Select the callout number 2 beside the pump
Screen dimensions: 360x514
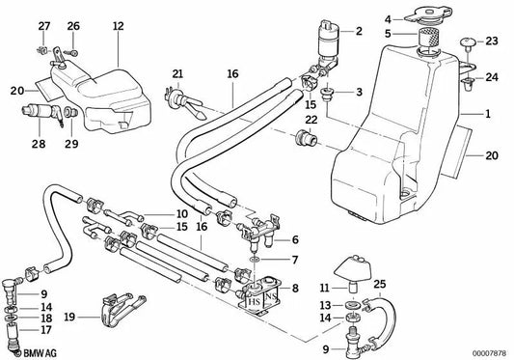(x=359, y=31)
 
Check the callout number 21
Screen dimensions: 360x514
(x=176, y=74)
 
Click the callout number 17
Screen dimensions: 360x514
(x=47, y=326)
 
